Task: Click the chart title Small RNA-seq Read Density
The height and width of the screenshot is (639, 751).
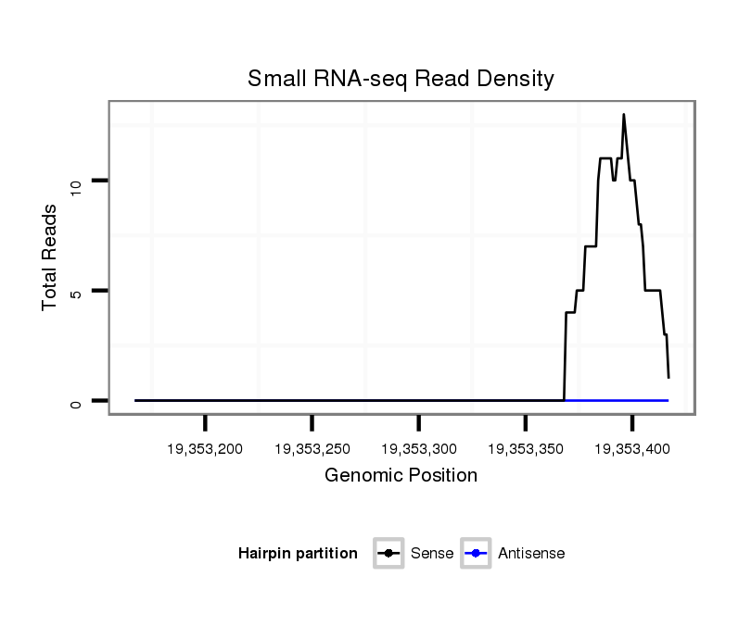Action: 401,79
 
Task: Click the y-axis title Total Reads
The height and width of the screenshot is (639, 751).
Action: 50,257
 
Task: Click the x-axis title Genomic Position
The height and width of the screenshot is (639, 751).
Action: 401,476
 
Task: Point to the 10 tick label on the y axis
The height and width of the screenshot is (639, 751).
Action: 76,183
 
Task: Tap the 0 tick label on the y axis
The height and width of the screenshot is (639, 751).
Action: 76,403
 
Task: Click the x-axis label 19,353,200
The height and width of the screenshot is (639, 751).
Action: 205,449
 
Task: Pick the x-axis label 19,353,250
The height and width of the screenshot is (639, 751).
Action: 312,449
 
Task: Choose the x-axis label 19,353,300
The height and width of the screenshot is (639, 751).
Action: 419,449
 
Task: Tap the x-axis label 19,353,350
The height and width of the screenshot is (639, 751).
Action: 526,449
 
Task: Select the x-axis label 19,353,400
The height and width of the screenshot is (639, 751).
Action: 632,449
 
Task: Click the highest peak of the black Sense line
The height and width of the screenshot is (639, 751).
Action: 624,115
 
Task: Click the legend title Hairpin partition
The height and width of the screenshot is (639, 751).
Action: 298,554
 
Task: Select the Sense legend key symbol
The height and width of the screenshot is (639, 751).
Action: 388,554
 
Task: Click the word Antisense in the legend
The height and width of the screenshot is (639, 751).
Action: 530,554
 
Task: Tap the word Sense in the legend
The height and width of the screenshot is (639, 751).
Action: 433,554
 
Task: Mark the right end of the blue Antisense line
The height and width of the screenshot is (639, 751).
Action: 668,400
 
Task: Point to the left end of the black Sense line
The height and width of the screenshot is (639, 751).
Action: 135,400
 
